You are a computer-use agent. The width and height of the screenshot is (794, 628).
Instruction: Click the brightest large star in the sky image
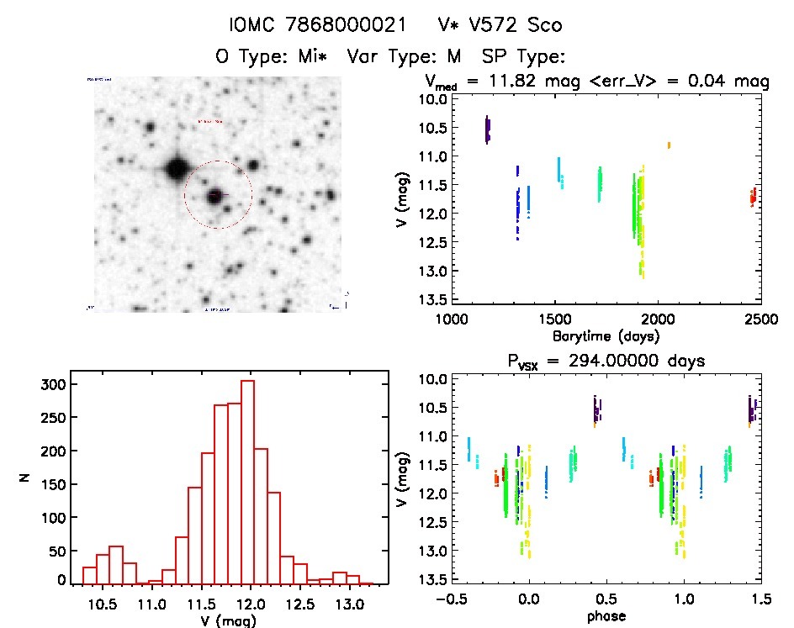pos(177,167)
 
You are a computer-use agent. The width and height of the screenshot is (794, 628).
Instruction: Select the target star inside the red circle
pos(217,195)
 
